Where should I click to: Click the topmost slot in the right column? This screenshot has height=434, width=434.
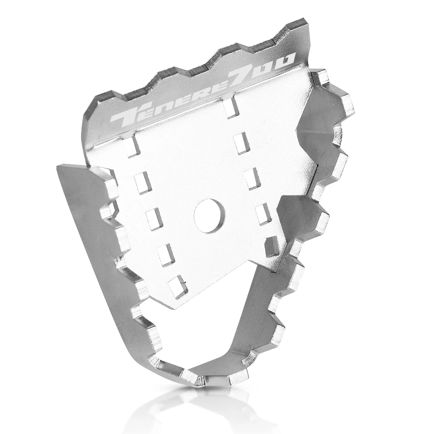point(230,109)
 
